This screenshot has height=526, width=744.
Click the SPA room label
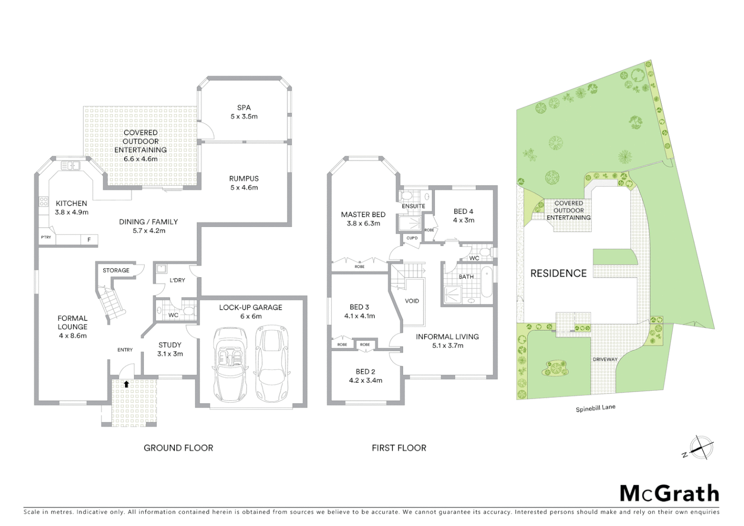pyautogui.click(x=244, y=108)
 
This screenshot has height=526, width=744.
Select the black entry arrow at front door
pyautogui.click(x=127, y=384)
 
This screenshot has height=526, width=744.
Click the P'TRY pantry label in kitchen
pyautogui.click(x=46, y=237)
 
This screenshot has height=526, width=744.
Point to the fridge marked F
pyautogui.click(x=89, y=240)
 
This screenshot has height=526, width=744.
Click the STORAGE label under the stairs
pyautogui.click(x=116, y=270)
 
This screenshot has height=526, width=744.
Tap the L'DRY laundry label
pyautogui.click(x=177, y=280)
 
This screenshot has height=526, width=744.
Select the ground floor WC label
pyautogui.click(x=173, y=315)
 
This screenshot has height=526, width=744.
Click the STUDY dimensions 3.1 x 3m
pyautogui.click(x=170, y=354)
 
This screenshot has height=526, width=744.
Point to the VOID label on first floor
pyautogui.click(x=412, y=301)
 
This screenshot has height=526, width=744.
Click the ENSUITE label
pyautogui.click(x=413, y=206)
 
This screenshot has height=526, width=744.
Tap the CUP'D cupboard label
pyautogui.click(x=412, y=238)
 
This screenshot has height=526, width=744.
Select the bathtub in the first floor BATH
pyautogui.click(x=486, y=282)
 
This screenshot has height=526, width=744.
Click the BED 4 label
pyautogui.click(x=463, y=211)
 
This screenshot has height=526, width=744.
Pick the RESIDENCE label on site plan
pyautogui.click(x=558, y=273)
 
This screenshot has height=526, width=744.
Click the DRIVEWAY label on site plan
pyautogui.click(x=605, y=359)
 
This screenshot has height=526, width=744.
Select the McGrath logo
pyautogui.click(x=669, y=493)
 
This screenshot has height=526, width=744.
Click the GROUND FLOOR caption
pyautogui.click(x=178, y=448)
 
